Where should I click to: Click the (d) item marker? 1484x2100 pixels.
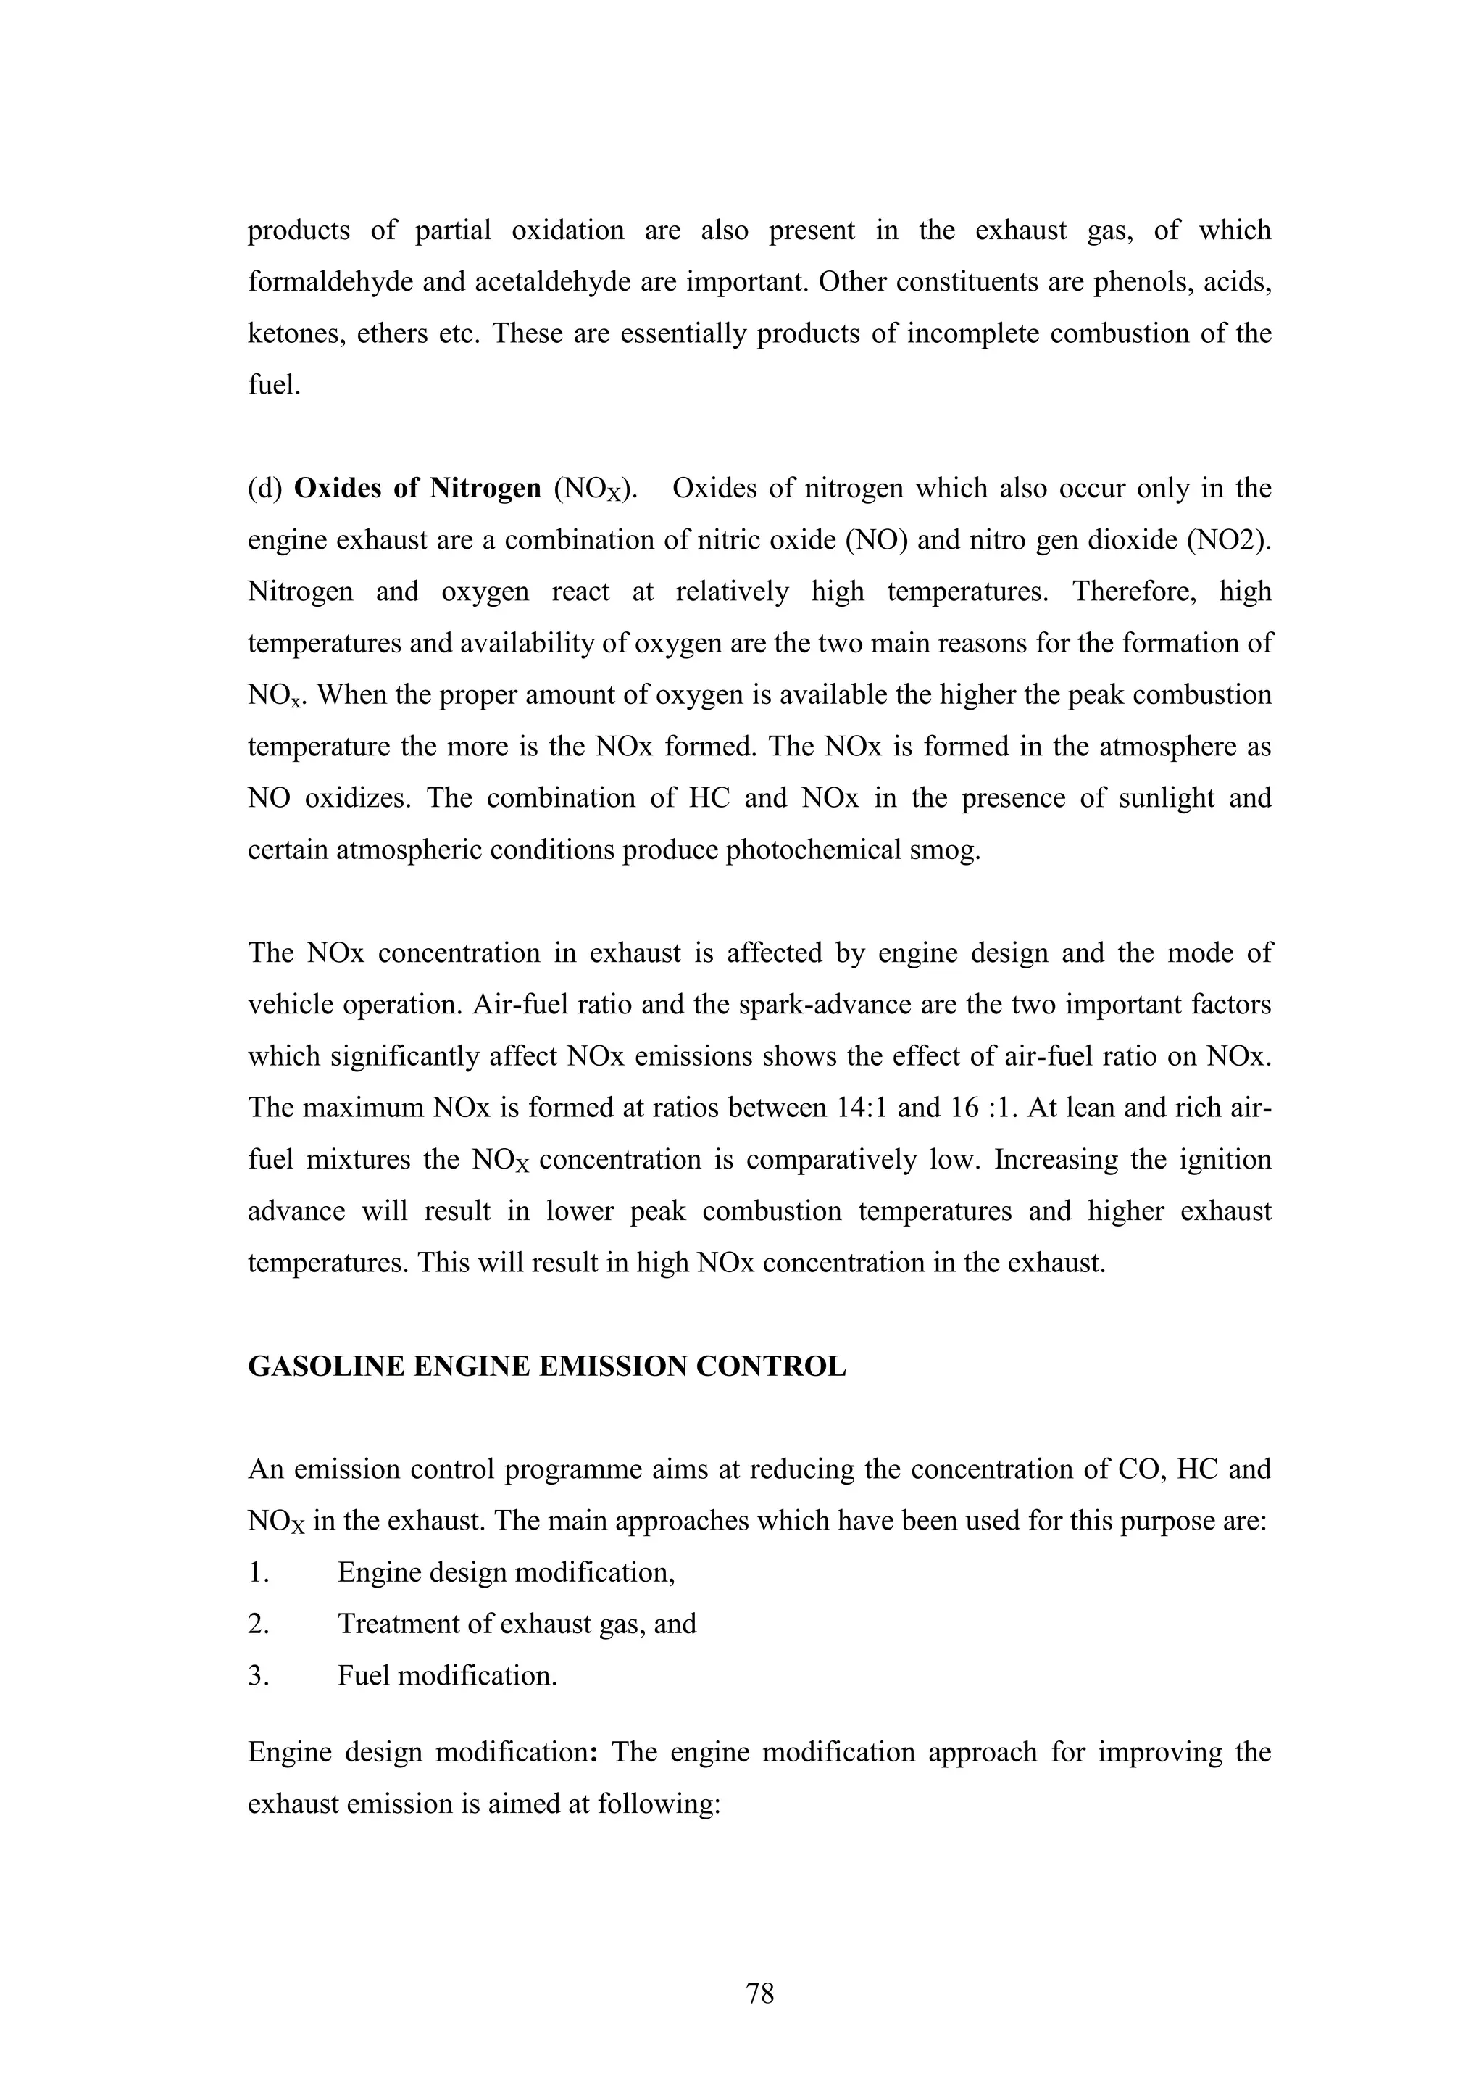pyautogui.click(x=265, y=489)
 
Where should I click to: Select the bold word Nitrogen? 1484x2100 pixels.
pyautogui.click(x=485, y=489)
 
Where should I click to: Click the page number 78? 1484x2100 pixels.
pyautogui.click(x=760, y=1993)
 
